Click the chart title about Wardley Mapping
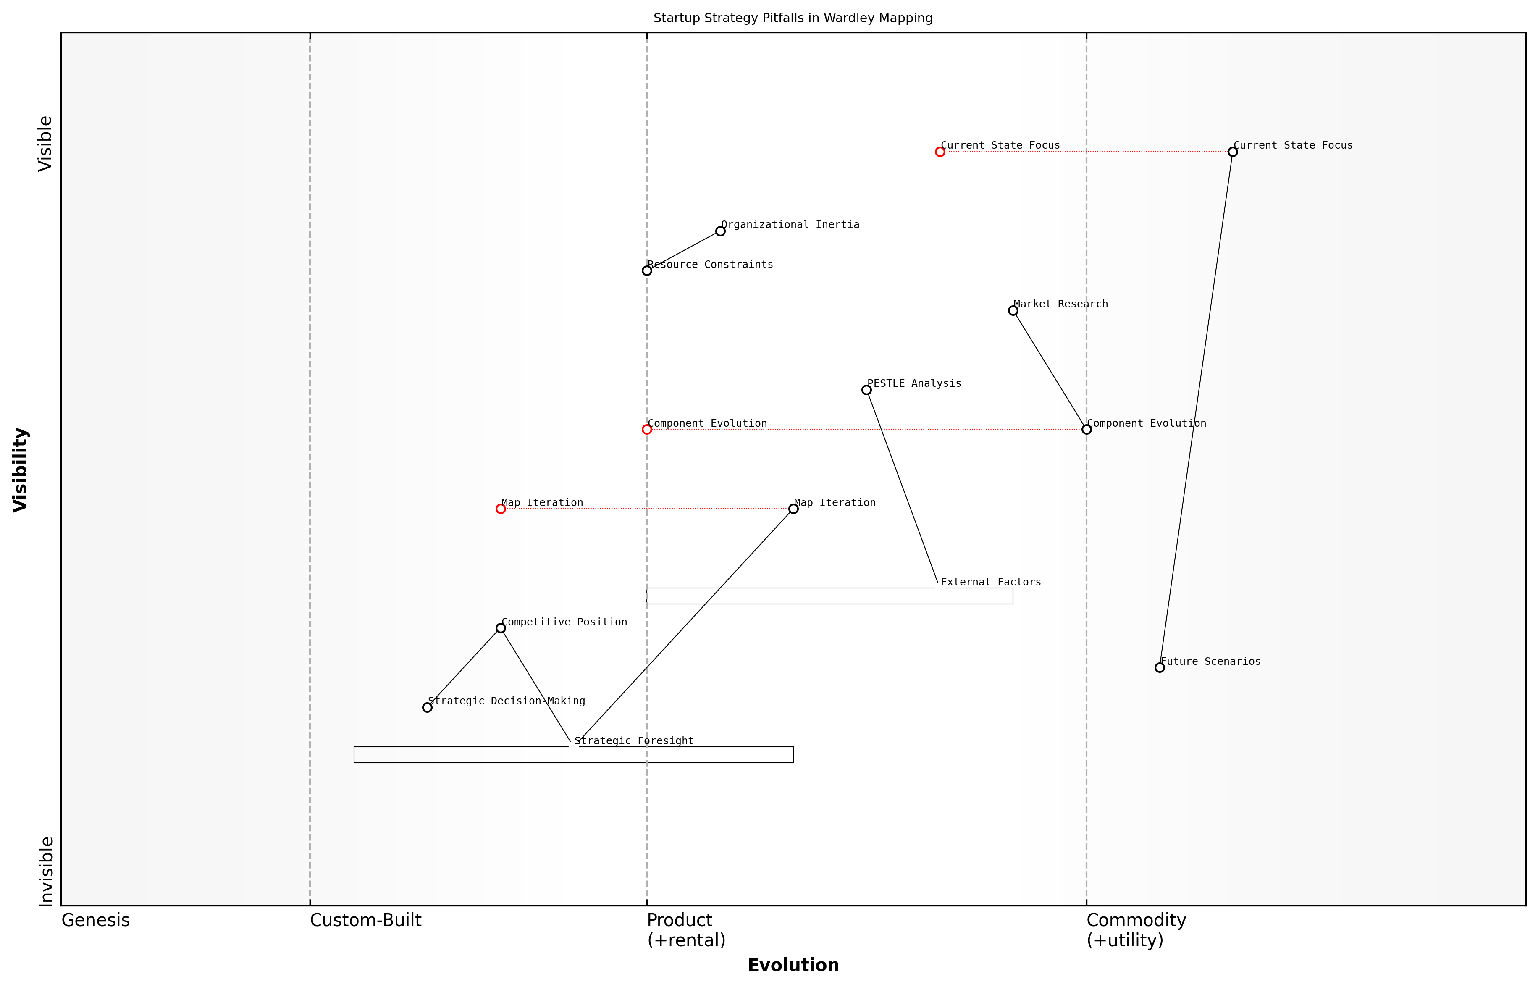click(793, 18)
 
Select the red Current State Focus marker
click(940, 152)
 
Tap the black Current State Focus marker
click(1232, 152)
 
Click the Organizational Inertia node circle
click(720, 231)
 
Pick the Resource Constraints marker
click(647, 271)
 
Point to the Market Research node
click(1013, 311)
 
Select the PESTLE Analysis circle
click(866, 390)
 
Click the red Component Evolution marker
click(647, 429)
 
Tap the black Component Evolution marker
click(1086, 429)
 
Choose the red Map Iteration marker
click(501, 509)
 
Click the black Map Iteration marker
click(793, 509)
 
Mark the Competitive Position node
click(501, 628)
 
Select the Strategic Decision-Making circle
click(428, 708)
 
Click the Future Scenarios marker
click(1159, 668)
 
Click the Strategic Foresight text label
click(634, 741)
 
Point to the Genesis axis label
click(95, 920)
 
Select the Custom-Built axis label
click(365, 920)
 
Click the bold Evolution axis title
click(793, 965)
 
